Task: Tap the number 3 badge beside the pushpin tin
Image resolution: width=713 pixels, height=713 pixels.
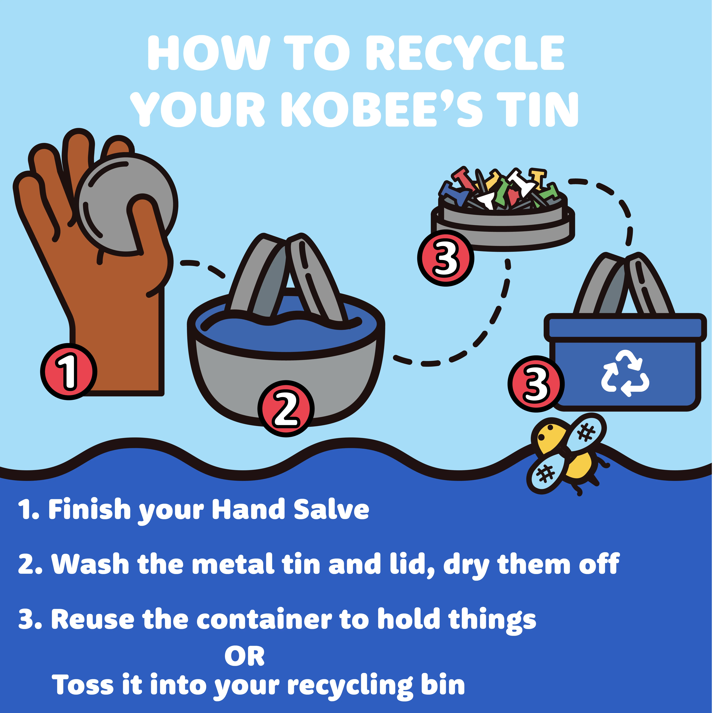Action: click(x=446, y=258)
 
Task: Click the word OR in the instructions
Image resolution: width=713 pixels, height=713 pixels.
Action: click(x=245, y=657)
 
